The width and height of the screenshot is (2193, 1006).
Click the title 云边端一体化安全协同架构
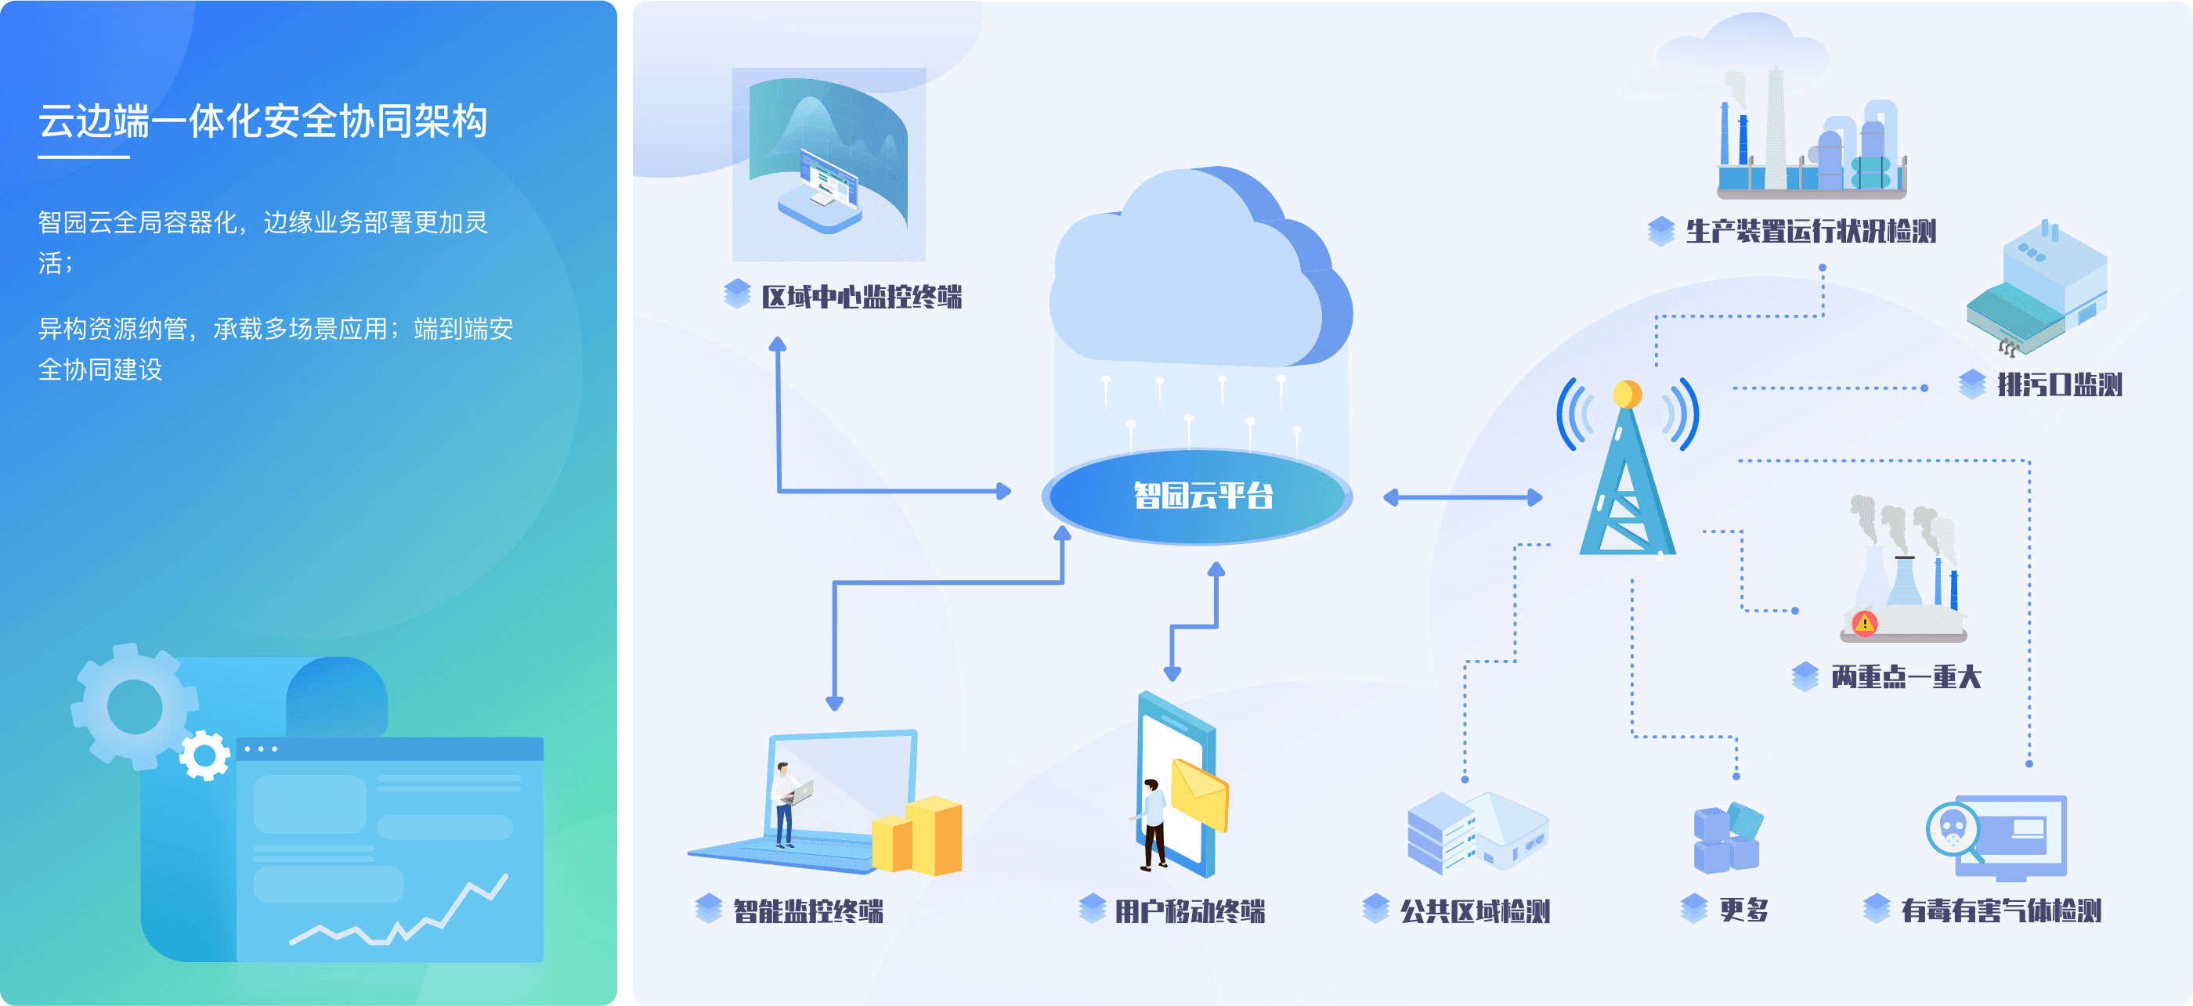263,121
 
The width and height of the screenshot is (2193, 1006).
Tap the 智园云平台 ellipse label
1202,496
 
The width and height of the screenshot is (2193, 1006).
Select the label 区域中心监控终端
861,297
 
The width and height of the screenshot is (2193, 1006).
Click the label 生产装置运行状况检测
1811,232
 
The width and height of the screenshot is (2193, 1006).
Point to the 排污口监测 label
2059,384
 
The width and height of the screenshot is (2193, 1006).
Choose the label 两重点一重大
1906,677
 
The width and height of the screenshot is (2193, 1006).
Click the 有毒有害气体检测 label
2000,910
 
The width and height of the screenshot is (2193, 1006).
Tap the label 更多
1743,910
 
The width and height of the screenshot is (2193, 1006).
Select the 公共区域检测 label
1475,911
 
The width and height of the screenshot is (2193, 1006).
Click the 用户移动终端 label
1189,911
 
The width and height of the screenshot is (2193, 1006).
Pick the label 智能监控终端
808,911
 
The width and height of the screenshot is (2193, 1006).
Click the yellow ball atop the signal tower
1627,394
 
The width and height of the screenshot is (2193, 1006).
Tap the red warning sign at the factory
1864,623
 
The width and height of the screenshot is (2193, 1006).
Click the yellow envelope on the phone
1201,795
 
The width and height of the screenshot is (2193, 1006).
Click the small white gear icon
204,755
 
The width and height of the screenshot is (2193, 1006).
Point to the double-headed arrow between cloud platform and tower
1462,498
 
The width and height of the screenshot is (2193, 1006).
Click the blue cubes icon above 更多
1727,838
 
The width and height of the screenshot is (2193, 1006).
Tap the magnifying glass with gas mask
1952,829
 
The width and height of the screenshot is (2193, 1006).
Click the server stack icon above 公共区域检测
1442,833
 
